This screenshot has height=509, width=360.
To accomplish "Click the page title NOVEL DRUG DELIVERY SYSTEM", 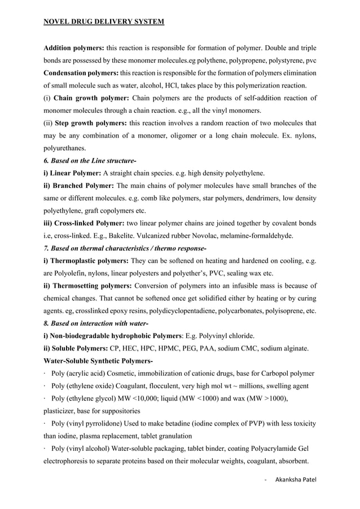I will (x=104, y=22).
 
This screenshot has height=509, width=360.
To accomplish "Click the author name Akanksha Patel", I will (x=296, y=480).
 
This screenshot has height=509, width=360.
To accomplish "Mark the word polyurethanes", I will (x=65, y=148).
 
